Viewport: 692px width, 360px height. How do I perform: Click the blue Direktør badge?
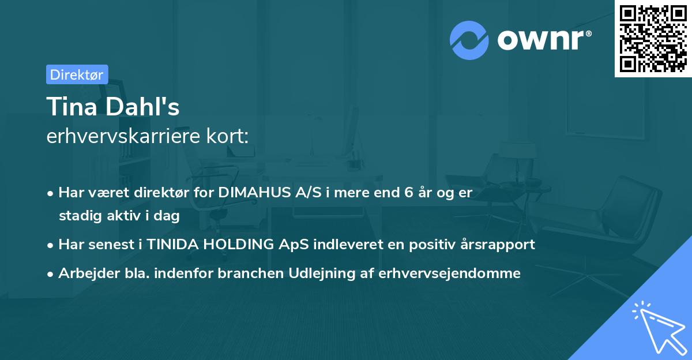[x=77, y=74]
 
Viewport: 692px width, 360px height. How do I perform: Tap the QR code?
[x=653, y=39]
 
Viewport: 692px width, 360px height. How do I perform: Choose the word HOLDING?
[x=238, y=245]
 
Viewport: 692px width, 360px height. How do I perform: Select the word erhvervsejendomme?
[x=449, y=273]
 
